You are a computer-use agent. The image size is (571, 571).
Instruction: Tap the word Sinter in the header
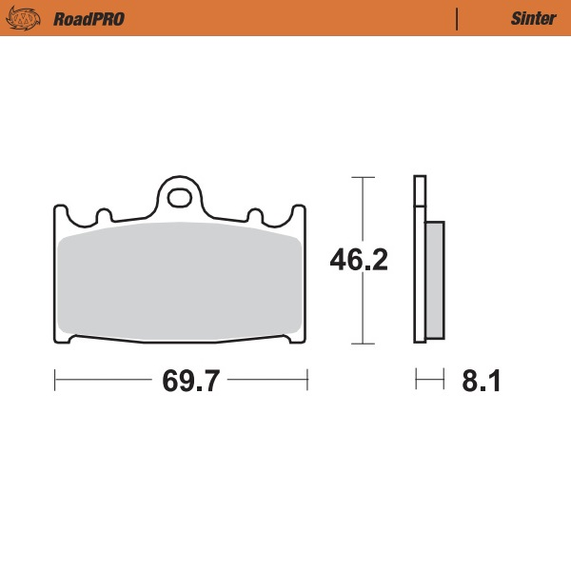[526, 18]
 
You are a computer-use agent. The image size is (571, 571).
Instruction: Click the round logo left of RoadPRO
[29, 18]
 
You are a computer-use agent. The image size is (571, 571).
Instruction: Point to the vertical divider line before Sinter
[458, 18]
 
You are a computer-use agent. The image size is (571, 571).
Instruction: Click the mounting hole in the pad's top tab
[178, 198]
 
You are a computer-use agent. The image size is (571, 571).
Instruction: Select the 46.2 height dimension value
[358, 260]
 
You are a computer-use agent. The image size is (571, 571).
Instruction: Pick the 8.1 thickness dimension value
[482, 382]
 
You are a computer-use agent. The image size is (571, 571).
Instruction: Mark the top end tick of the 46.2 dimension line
[359, 177]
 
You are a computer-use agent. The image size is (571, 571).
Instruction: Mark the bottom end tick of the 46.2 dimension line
[359, 343]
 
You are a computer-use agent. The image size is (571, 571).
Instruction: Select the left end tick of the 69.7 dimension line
[55, 381]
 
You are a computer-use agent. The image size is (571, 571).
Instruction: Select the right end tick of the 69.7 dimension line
[306, 381]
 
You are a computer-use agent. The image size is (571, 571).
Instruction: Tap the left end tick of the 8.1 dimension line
[417, 381]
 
